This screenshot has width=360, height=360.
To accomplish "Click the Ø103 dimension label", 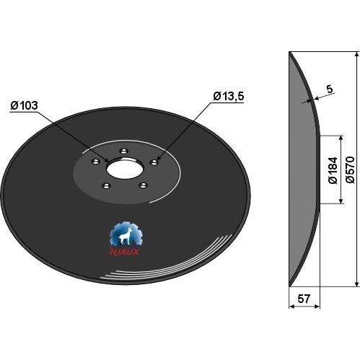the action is coord(24,106).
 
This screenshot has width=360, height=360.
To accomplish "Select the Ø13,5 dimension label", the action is coord(229,97).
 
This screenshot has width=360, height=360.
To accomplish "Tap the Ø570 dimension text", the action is coord(350,170).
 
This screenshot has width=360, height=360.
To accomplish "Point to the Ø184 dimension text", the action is coord(333,170).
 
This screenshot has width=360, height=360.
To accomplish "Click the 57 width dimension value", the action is coord(304,299).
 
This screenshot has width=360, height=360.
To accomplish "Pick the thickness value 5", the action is coord(330,89).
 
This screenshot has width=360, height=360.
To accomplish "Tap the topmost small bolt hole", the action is coord(124,151).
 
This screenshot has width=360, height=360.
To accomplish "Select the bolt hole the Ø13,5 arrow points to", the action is coord(154,162).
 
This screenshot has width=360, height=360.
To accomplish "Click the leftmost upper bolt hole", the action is coord(96,161).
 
